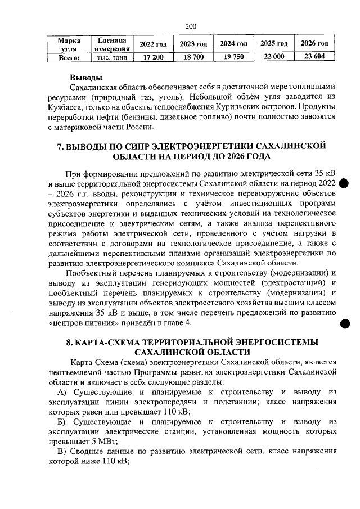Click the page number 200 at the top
tap(190, 26)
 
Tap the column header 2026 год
tap(314, 44)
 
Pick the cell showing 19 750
tap(233, 57)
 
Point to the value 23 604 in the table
tap(314, 57)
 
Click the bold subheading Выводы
tap(85, 77)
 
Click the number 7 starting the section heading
tap(62, 146)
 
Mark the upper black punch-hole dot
tap(345, 185)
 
